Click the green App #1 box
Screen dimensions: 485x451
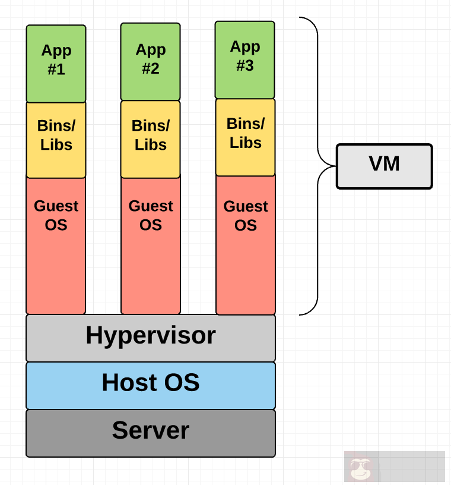[56, 63]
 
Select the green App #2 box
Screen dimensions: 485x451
[150, 61]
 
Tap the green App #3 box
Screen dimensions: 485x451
[244, 59]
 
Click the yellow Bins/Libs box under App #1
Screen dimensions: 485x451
[56, 139]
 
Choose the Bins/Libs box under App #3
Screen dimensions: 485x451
[245, 137]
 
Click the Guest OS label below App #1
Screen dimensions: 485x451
[56, 215]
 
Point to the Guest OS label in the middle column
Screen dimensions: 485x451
[151, 215]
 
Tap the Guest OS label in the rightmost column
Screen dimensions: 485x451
[246, 216]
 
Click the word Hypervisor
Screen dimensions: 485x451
[151, 336]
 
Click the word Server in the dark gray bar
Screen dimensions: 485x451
[151, 430]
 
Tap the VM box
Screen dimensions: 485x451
[384, 166]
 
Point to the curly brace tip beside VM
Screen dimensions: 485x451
[333, 166]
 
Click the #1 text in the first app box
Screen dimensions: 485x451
[56, 70]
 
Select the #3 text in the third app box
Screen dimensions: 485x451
[244, 66]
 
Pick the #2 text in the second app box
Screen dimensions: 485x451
[150, 69]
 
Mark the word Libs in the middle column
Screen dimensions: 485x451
[150, 145]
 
